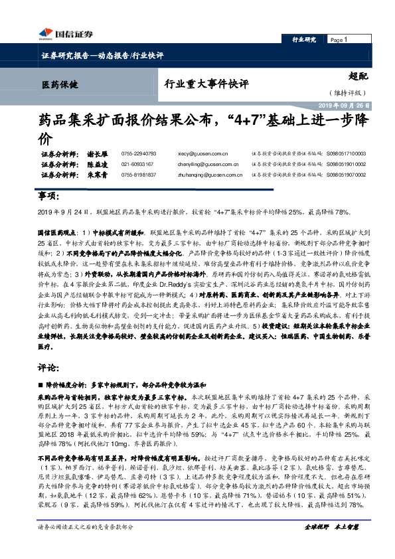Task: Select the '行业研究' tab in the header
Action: (304, 40)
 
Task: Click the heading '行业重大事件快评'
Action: (206, 84)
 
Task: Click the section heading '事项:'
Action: (49, 197)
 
